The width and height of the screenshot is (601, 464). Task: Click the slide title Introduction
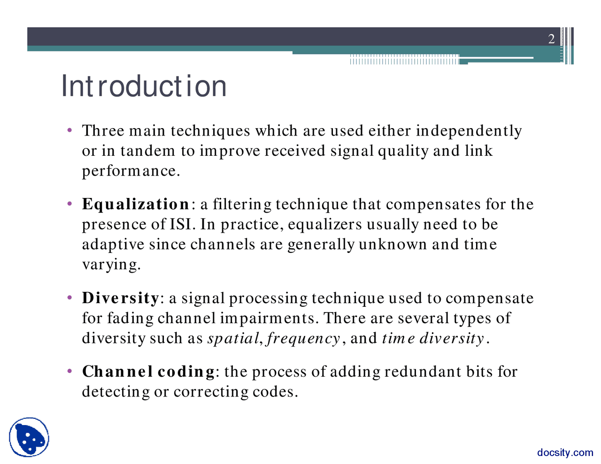144,86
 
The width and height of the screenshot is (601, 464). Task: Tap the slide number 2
551,39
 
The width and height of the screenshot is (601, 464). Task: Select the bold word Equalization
135,205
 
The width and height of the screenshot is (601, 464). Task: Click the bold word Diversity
121,298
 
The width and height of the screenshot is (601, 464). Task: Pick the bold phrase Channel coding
148,372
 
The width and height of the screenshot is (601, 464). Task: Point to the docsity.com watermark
565,453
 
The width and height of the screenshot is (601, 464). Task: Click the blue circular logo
29,437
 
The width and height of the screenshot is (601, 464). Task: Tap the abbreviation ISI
181,225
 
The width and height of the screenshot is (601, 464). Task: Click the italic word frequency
303,339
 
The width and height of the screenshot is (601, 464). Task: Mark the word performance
131,171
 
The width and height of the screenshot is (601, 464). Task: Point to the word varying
111,265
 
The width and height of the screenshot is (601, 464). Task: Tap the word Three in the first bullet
102,131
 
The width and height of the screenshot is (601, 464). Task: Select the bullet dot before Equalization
69,204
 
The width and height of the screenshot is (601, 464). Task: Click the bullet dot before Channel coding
69,371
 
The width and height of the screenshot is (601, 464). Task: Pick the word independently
469,131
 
